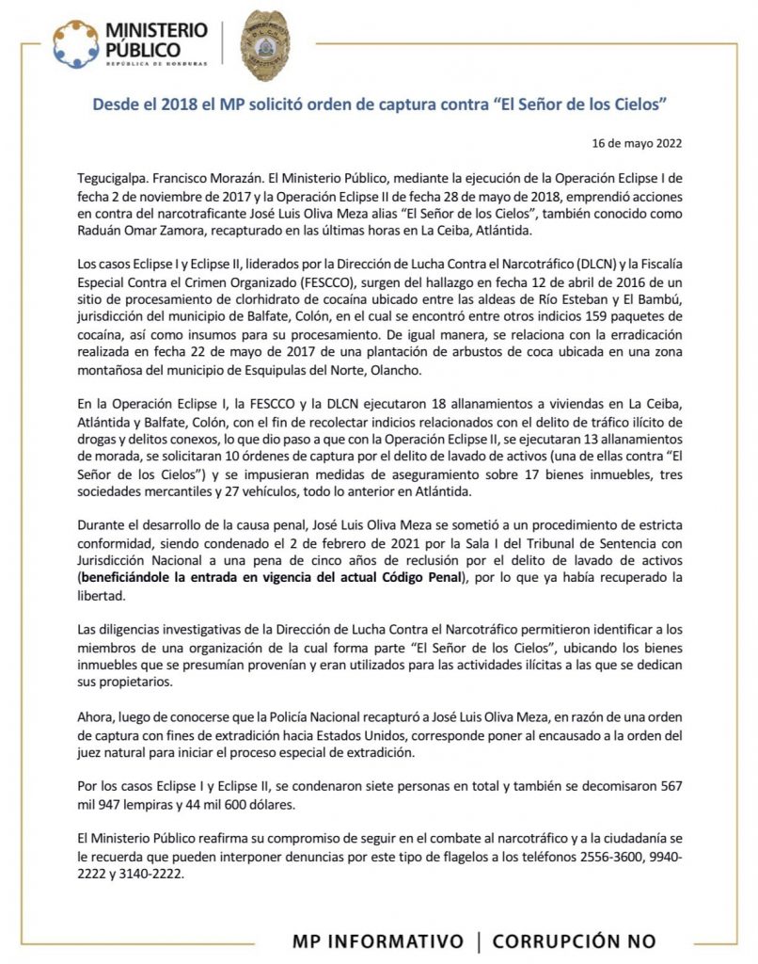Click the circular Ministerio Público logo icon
75,42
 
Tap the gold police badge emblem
266,44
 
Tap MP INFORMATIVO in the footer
378,941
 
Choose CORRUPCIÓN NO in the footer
574,941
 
